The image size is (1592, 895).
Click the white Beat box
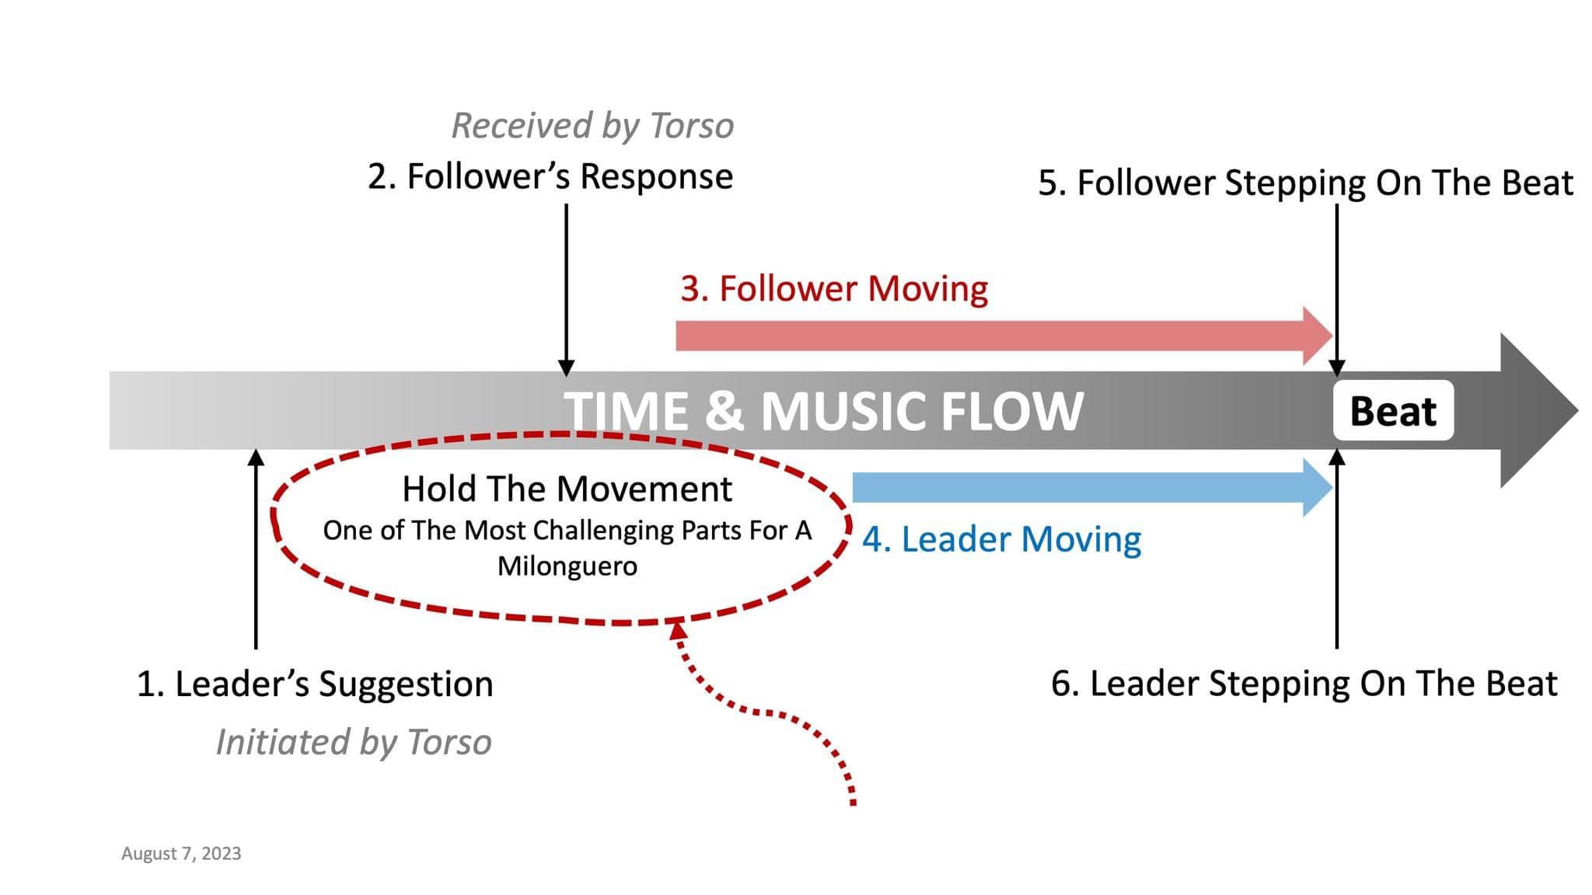[1392, 411]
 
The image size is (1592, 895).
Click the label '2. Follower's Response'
[550, 176]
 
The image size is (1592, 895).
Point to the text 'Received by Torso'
[592, 126]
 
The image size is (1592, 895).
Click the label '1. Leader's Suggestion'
[315, 684]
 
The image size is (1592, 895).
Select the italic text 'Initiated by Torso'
[354, 742]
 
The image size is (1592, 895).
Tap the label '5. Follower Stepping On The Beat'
[1305, 183]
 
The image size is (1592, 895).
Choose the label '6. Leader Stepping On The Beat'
[1304, 684]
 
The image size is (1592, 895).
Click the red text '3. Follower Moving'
[834, 288]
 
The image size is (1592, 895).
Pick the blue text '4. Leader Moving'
[1001, 539]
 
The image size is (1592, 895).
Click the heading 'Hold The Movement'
[567, 489]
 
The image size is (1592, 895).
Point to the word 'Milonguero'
[567, 566]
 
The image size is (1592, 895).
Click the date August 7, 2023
[181, 854]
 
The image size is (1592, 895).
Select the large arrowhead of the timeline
[1535, 410]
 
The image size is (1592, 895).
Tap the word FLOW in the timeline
[1011, 411]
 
